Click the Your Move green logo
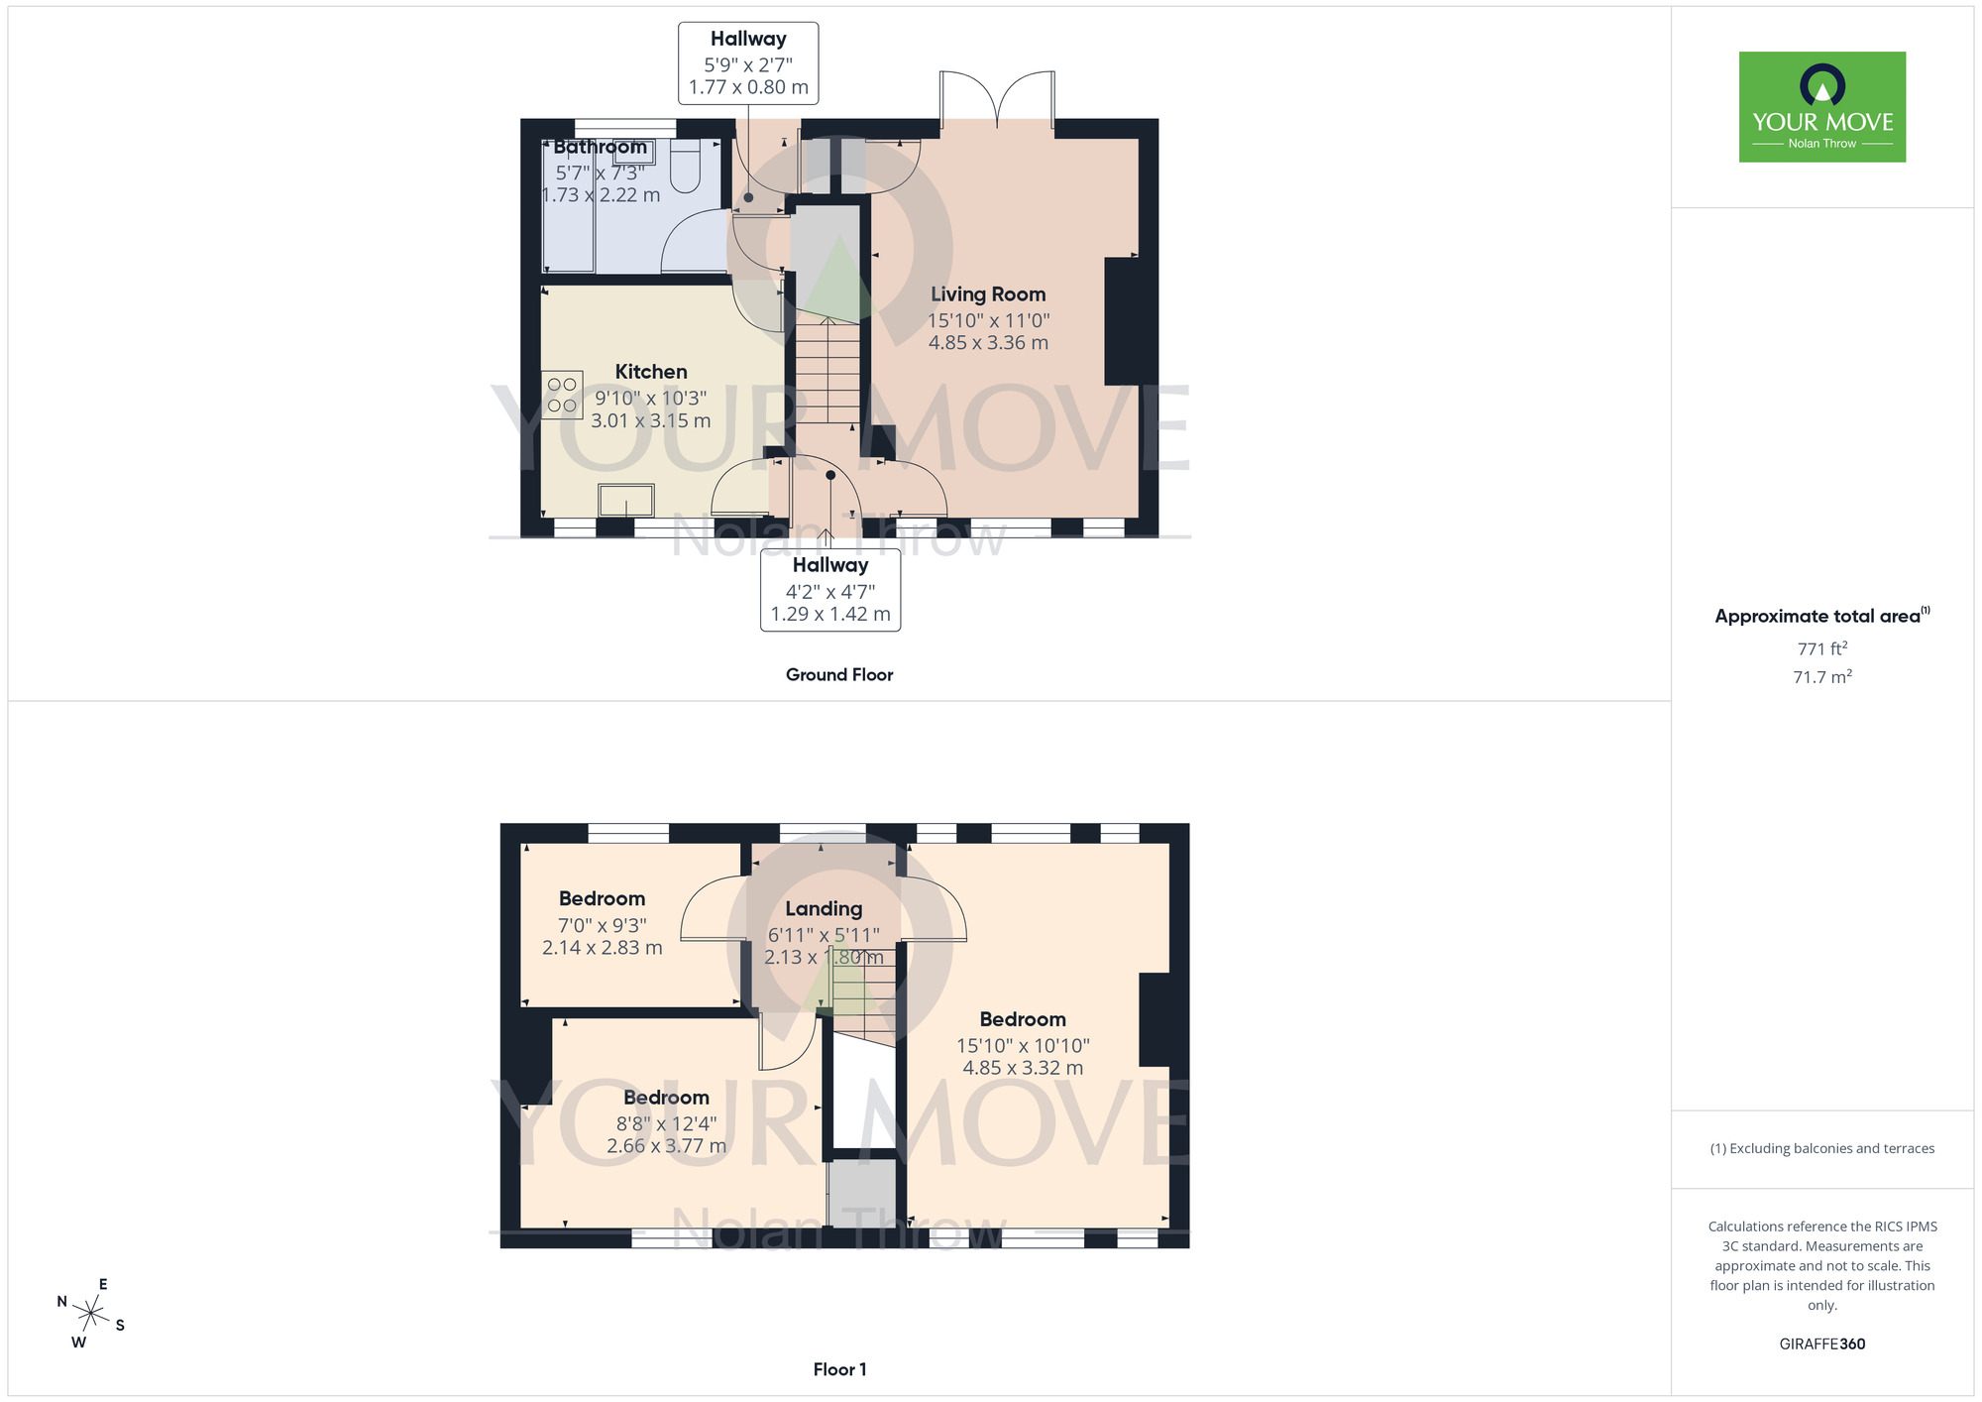1821,107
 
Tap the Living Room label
988,294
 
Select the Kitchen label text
651,372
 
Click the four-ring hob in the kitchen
562,395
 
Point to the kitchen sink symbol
626,501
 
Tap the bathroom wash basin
633,152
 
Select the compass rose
91,1315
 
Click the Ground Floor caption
839,675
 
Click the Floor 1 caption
839,1369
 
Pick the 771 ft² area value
1821,649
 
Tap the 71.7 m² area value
1821,677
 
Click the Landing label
824,909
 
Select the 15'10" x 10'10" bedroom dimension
1023,1046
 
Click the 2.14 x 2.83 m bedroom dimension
602,948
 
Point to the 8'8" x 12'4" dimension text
666,1124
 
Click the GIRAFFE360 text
1821,1344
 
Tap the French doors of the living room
997,99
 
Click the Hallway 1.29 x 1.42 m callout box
830,590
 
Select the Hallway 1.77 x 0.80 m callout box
748,63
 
